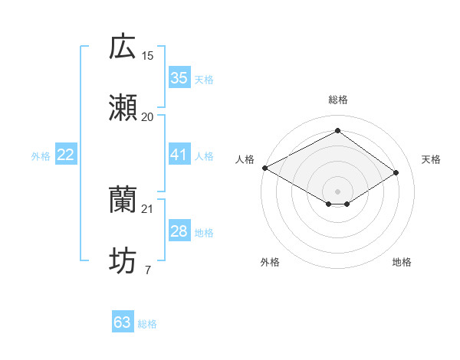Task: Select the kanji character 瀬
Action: [x=123, y=108]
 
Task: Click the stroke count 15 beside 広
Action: [x=148, y=55]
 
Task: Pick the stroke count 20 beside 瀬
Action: [x=148, y=116]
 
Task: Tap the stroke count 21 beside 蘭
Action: [x=148, y=208]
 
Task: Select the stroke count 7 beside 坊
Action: [x=147, y=270]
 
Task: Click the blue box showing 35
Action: [x=179, y=78]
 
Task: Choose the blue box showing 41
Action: [x=179, y=155]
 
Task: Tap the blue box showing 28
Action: [x=179, y=231]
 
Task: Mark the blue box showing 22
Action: [x=65, y=155]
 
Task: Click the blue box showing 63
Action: [x=122, y=322]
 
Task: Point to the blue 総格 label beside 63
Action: [x=147, y=324]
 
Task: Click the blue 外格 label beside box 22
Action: [x=41, y=156]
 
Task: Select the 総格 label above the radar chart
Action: [x=337, y=100]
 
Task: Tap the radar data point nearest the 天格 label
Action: [x=396, y=173]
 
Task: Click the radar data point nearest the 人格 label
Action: [x=264, y=168]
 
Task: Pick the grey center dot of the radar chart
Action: [x=337, y=190]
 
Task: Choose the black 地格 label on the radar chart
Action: [x=402, y=263]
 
